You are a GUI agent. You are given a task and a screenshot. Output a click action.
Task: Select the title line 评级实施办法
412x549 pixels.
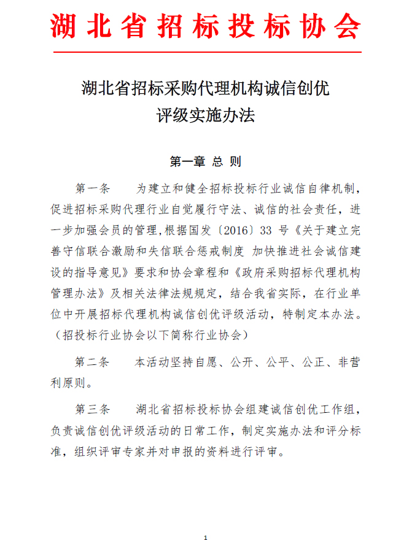(x=205, y=115)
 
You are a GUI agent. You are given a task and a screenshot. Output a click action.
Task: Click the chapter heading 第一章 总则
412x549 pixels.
(x=205, y=162)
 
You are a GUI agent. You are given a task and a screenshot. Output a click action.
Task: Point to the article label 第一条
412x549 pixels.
(x=91, y=188)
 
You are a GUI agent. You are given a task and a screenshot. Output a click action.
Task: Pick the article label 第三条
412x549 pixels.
(x=91, y=409)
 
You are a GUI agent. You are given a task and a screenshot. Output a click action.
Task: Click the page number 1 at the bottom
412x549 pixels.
(x=206, y=538)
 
